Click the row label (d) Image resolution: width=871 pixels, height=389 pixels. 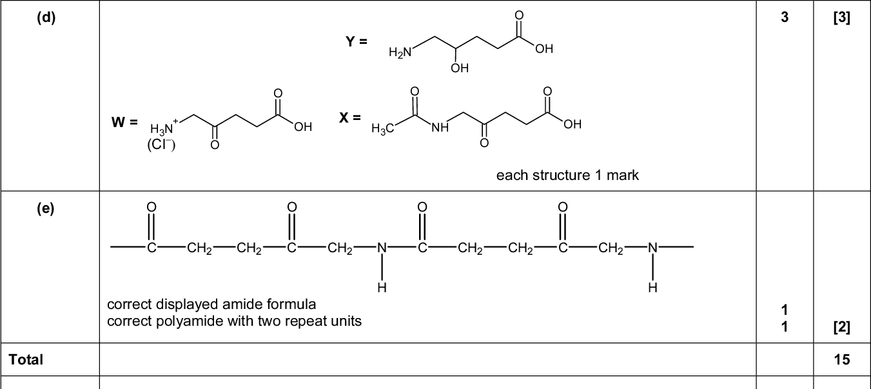pos(46,17)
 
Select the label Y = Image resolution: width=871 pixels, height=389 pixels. pos(356,41)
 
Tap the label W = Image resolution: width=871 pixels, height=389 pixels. pos(124,122)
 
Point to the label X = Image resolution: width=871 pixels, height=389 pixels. pos(350,117)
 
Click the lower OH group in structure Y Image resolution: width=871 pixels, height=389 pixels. pos(460,68)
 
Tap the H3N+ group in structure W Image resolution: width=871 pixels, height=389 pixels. pos(164,127)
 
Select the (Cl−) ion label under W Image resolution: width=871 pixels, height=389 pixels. pos(161,144)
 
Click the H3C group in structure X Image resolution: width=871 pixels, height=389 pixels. pos(383,129)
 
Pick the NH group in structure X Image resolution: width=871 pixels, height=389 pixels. pos(440,128)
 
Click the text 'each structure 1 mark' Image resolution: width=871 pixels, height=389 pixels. pos(567,175)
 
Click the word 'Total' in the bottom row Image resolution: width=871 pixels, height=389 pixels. pos(26,359)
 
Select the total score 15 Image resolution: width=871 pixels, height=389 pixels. pos(841,359)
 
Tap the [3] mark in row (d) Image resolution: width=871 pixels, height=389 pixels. pos(841,18)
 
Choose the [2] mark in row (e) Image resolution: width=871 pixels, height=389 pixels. pos(841,328)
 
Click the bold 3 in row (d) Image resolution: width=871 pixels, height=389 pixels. pos(784,18)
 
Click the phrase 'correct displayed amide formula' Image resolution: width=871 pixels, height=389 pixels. pos(211,304)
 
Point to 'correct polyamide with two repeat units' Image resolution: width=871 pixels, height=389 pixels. pos(234,321)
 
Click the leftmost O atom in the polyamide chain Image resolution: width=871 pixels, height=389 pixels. pos(152,207)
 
